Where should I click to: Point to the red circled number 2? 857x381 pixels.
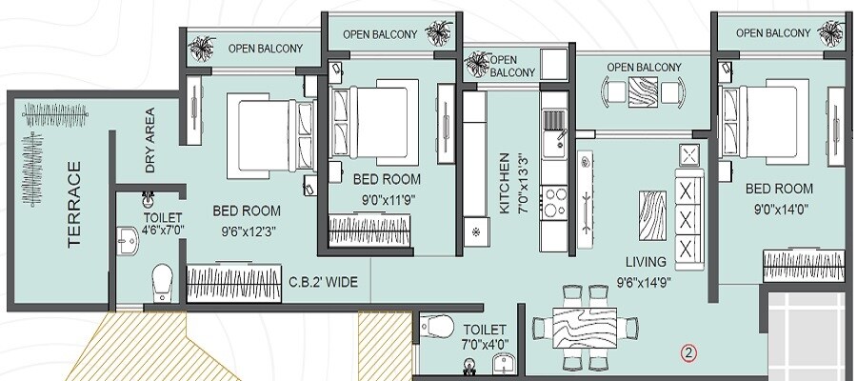[688, 352]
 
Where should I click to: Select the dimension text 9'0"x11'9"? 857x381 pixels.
[387, 199]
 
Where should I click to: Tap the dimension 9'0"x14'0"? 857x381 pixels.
[778, 209]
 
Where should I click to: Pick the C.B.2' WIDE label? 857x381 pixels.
[323, 282]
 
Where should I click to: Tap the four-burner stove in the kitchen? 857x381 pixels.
[553, 203]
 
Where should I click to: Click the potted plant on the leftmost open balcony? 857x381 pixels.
[201, 47]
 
